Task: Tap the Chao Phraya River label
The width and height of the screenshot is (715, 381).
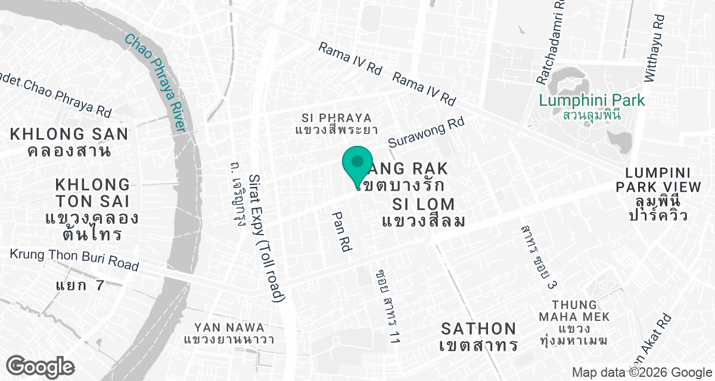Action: coord(156,83)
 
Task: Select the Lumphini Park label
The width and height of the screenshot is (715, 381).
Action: coord(592,100)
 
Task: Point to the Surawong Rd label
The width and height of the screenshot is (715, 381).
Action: coord(425,133)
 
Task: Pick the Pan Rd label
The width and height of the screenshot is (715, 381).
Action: coord(340,232)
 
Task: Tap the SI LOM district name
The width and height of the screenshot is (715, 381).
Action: coord(424,204)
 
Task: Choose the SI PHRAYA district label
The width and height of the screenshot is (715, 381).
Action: coord(337,118)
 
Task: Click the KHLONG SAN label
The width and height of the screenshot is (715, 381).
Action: coord(69,134)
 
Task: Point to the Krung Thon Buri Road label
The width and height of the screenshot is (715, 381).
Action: coord(74,260)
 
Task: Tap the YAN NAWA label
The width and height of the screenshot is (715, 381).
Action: coord(229,327)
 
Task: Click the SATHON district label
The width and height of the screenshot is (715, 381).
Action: coord(478,329)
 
